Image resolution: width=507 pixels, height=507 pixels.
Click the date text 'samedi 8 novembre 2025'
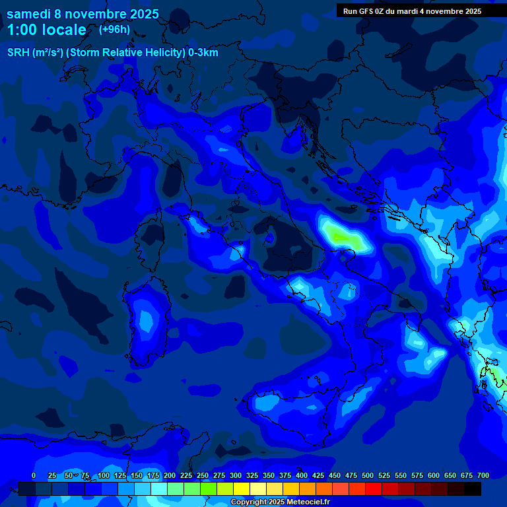tap(83, 14)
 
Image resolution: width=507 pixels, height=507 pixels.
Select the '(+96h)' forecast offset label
tap(114, 29)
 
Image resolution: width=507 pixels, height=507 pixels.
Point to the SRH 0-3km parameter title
tap(112, 53)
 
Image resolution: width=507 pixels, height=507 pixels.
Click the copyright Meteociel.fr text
tap(280, 502)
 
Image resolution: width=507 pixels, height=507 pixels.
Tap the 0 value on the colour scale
tap(34, 476)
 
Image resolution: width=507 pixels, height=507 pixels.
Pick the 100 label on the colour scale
tap(104, 476)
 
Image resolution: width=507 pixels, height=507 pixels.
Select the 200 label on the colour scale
tap(170, 476)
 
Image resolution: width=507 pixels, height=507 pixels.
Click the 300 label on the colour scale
tap(236, 476)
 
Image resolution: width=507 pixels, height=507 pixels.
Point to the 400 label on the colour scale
tap(302, 476)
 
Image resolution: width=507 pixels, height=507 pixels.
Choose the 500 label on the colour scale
tap(368, 476)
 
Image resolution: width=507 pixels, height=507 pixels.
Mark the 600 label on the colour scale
tap(434, 476)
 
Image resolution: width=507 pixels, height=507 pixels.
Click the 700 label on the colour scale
tap(483, 476)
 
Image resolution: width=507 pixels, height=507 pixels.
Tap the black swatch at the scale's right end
tap(473, 489)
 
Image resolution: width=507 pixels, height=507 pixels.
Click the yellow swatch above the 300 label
tap(242, 489)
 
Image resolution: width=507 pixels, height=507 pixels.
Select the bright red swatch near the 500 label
tap(374, 489)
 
